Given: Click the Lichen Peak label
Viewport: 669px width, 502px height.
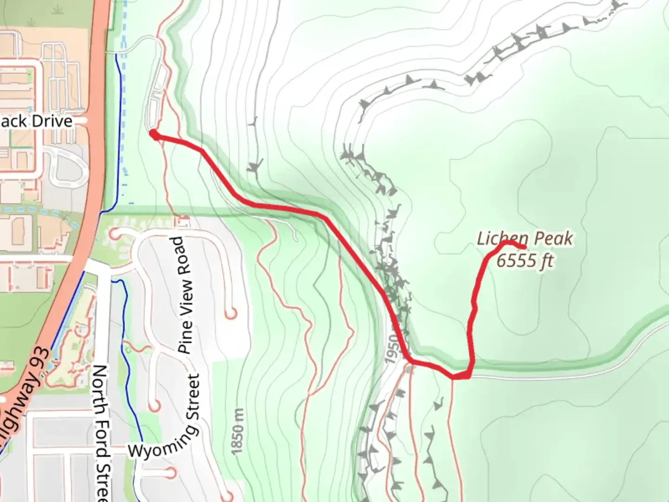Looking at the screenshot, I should click(525, 239).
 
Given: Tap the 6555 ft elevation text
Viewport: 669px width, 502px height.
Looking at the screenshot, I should click(525, 261).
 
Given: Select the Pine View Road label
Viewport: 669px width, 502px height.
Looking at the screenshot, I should click(184, 296).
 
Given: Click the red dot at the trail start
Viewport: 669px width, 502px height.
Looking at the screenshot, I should click(152, 134).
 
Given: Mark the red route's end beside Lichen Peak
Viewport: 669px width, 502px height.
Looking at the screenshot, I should click(524, 247).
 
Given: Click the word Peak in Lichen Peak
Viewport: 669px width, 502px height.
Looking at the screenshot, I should click(554, 239).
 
